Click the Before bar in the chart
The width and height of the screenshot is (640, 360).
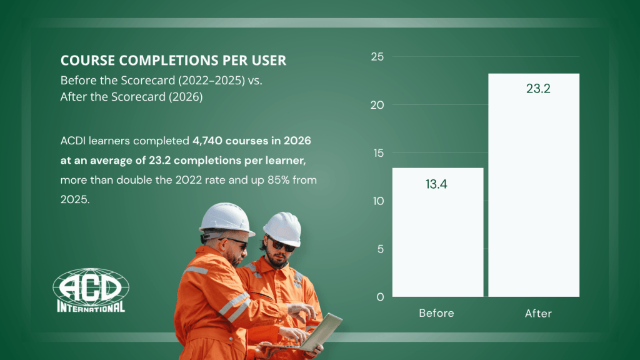tap(437, 232)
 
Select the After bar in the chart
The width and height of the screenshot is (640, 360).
tap(534, 185)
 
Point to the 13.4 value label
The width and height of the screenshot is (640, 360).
tap(436, 184)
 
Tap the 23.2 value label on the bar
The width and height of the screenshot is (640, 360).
tap(538, 89)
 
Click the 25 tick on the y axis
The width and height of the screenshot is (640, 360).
tap(377, 57)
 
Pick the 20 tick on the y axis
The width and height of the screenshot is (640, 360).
tap(377, 105)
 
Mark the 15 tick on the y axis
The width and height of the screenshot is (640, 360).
tap(378, 153)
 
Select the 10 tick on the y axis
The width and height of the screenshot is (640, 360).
tap(378, 201)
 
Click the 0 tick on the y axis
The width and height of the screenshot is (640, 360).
tap(381, 297)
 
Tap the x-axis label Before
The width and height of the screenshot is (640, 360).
tap(436, 313)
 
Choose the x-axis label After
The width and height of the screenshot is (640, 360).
tap(538, 314)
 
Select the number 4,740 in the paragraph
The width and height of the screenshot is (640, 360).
tap(207, 141)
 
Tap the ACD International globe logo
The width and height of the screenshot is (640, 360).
tap(91, 290)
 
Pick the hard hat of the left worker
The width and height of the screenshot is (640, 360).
tap(226, 219)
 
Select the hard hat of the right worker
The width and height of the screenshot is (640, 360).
tap(283, 229)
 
